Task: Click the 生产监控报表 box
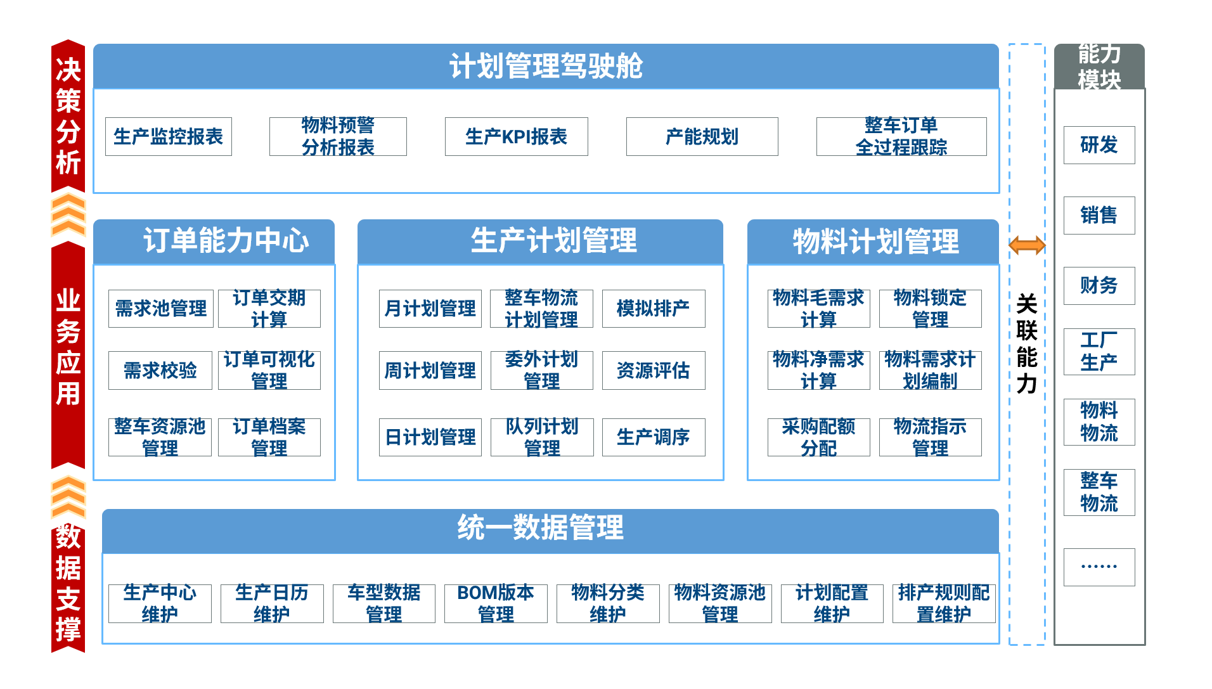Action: tap(169, 136)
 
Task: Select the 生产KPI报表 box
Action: tap(516, 136)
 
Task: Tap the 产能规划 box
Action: tap(702, 136)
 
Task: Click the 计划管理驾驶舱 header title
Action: tap(546, 66)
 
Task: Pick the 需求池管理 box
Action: tap(161, 309)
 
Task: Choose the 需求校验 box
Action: tap(160, 370)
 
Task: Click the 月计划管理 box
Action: tap(430, 309)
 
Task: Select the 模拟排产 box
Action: tap(654, 309)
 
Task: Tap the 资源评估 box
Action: tap(654, 370)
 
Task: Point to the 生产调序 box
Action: tap(654, 437)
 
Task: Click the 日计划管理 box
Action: tap(430, 437)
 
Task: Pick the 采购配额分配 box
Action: tap(819, 437)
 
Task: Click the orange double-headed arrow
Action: tap(1027, 245)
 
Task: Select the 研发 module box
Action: tap(1099, 145)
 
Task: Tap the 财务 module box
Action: tap(1099, 286)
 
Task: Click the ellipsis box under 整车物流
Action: tap(1099, 567)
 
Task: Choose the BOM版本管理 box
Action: tap(496, 603)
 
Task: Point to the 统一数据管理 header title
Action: tap(541, 527)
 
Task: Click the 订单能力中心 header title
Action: tap(226, 241)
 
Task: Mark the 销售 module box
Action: tap(1099, 216)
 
